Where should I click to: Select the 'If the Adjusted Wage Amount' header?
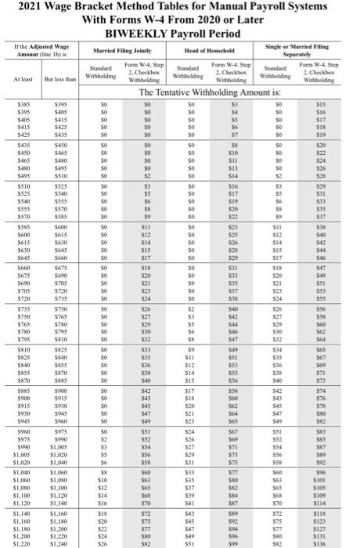pos(40,53)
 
